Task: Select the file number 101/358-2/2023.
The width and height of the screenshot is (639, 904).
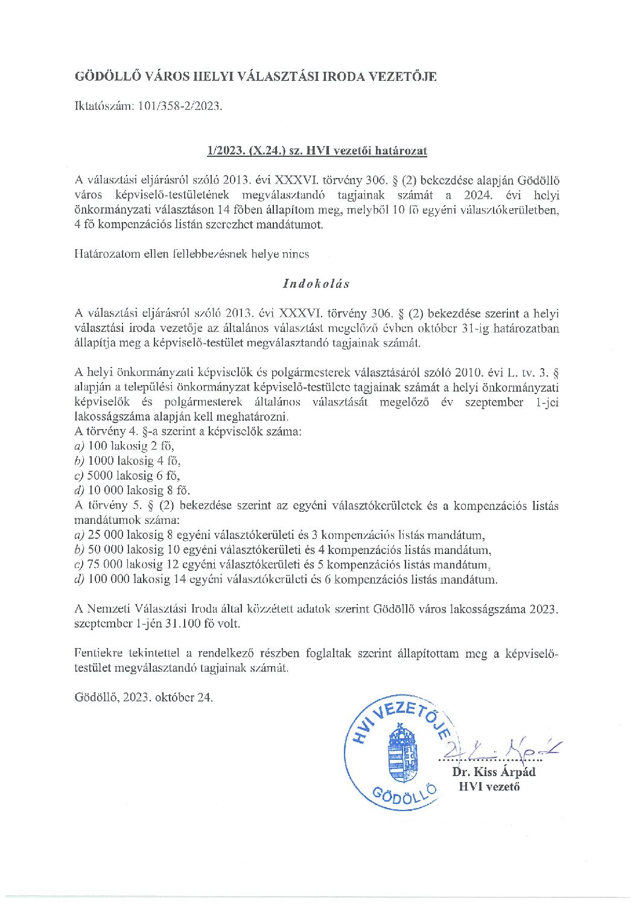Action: click(x=180, y=106)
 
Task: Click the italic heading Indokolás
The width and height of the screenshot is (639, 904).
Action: click(x=316, y=283)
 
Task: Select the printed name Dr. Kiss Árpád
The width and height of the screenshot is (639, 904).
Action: click(x=494, y=772)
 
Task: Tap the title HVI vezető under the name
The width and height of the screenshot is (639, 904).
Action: click(x=489, y=786)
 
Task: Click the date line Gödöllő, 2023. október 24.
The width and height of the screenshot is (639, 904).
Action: click(x=144, y=697)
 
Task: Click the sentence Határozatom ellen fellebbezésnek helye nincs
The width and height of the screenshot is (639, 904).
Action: click(x=191, y=254)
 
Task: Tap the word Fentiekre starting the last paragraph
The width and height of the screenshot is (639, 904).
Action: click(x=98, y=653)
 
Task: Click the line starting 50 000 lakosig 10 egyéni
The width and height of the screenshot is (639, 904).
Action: click(x=282, y=550)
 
